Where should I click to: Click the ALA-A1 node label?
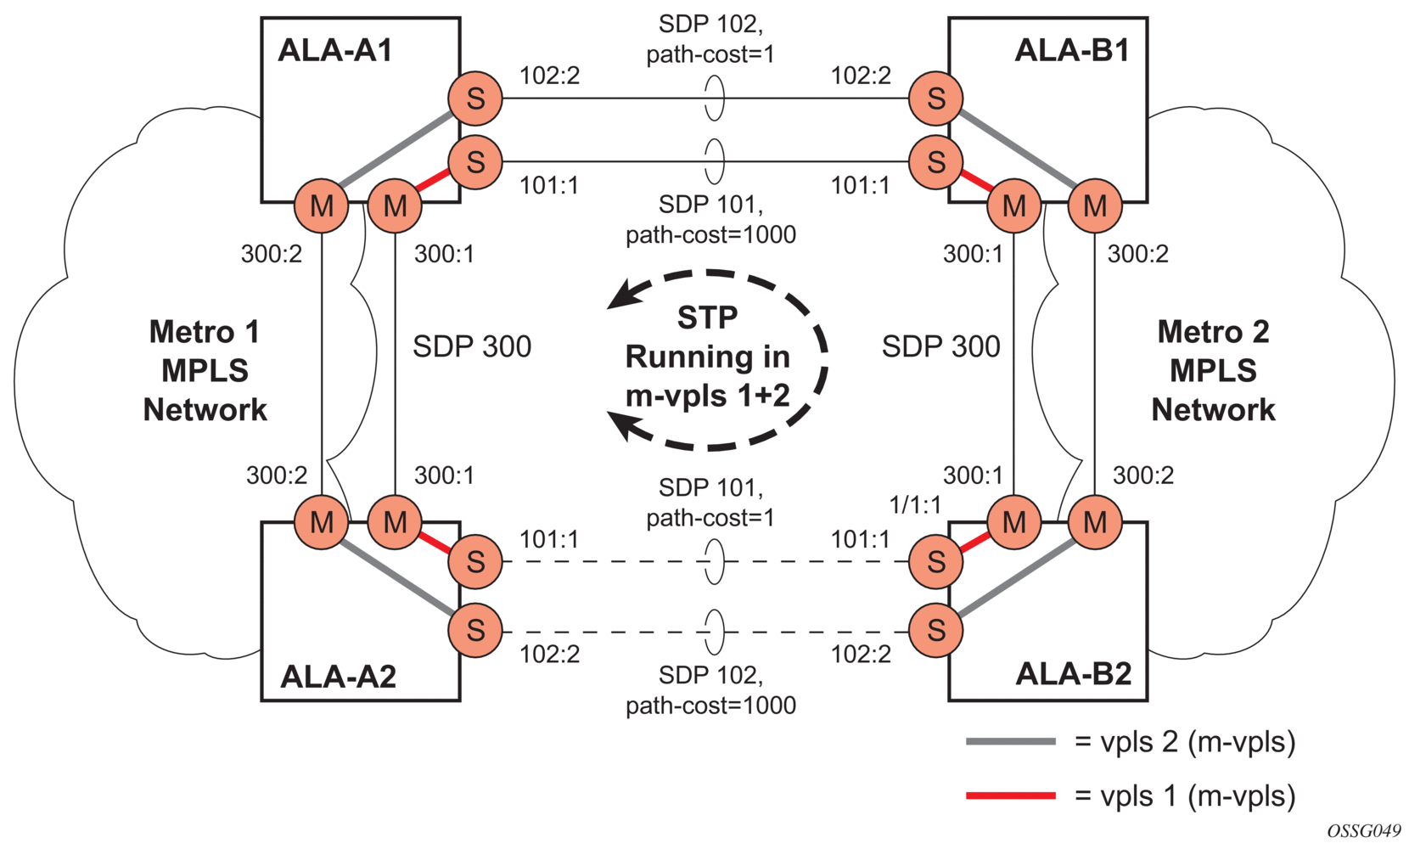click(x=334, y=51)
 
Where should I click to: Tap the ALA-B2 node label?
click(x=1073, y=674)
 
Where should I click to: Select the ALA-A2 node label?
click(x=338, y=677)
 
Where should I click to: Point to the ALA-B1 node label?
click(x=1071, y=51)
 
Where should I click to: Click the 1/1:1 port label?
click(x=914, y=505)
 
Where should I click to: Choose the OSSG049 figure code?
click(x=1363, y=831)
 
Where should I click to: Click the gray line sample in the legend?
click(x=1010, y=742)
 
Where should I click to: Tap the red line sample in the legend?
click(x=1010, y=796)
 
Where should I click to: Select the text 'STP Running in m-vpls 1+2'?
click(x=707, y=357)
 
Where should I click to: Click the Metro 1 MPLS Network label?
click(x=205, y=371)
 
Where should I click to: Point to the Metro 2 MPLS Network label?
click(x=1213, y=371)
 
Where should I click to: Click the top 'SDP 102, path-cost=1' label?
click(x=710, y=40)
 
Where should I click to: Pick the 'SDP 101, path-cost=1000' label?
click(x=710, y=219)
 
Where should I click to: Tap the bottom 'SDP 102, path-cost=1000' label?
click(x=710, y=690)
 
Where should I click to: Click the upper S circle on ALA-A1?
click(x=475, y=98)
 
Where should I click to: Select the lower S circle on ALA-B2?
click(x=935, y=631)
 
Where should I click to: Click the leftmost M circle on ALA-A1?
click(x=322, y=205)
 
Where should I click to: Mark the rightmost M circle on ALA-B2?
click(x=1094, y=522)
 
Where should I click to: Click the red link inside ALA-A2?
click(x=434, y=542)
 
